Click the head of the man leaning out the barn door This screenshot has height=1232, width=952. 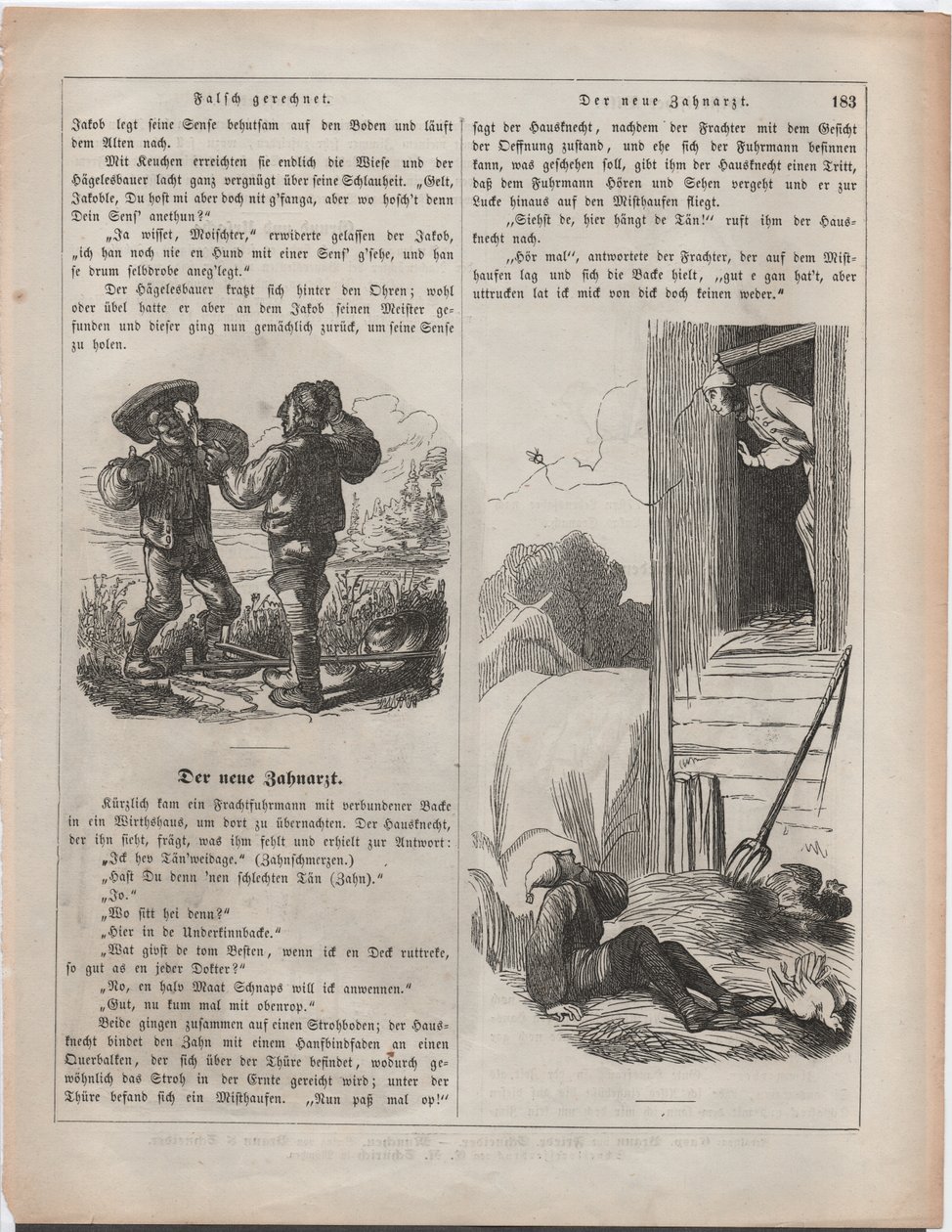pos(718,396)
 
